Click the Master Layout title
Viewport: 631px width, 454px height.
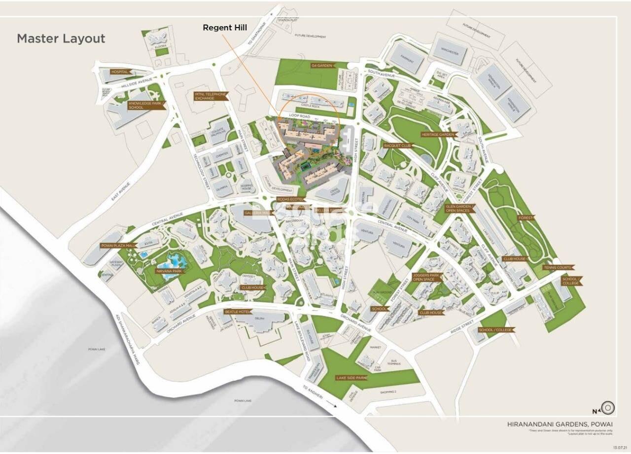(61, 39)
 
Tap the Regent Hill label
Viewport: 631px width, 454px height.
(225, 28)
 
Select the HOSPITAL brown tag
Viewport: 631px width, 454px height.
(120, 72)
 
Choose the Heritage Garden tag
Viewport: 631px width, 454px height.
(437, 134)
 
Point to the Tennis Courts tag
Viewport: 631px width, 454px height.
(557, 267)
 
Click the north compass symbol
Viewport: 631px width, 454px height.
(608, 408)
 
